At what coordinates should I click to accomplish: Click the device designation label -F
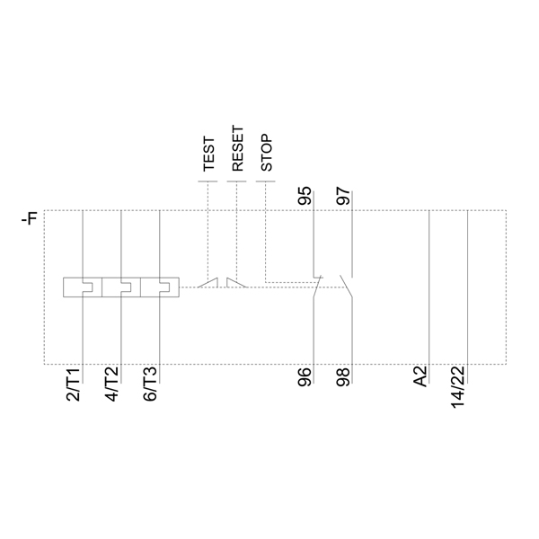(x=30, y=218)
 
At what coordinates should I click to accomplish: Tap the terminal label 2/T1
(x=74, y=384)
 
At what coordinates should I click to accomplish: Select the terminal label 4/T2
(x=112, y=384)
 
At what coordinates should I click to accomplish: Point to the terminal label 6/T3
(x=150, y=384)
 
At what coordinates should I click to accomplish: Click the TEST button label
(x=208, y=154)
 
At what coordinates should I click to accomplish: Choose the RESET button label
(x=237, y=149)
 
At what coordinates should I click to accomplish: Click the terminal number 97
(x=343, y=197)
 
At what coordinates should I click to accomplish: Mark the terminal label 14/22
(x=458, y=384)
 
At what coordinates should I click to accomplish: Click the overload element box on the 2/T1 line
(x=82, y=287)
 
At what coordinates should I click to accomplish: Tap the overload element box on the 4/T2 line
(x=120, y=287)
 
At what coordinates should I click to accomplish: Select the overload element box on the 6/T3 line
(x=159, y=287)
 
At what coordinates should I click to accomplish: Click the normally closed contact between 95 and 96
(x=315, y=284)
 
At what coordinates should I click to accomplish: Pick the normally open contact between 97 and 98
(x=347, y=284)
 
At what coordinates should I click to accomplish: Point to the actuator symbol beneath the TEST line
(x=208, y=283)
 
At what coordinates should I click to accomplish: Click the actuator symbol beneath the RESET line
(x=237, y=283)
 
